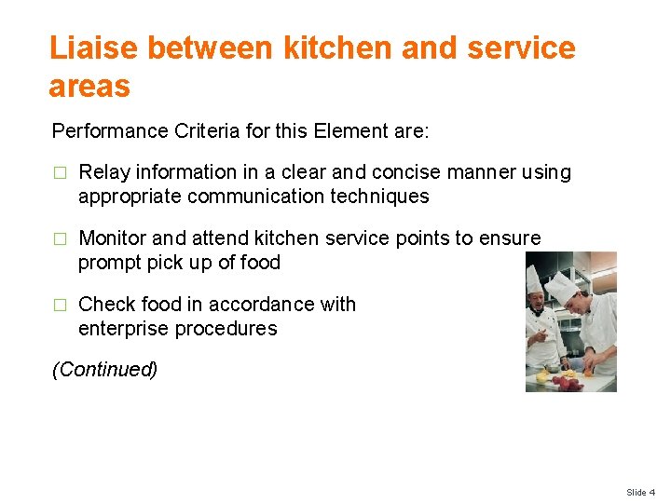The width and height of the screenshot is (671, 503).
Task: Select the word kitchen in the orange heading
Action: click(322, 48)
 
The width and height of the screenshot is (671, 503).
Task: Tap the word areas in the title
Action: click(89, 86)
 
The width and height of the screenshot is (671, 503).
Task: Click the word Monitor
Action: click(113, 238)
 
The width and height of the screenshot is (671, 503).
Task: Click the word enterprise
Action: click(122, 329)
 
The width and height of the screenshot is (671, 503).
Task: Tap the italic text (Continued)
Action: click(105, 370)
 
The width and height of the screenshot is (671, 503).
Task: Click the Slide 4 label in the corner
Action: click(640, 492)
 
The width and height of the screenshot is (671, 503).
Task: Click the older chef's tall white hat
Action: click(534, 279)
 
